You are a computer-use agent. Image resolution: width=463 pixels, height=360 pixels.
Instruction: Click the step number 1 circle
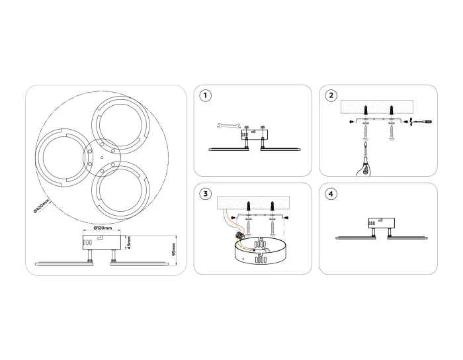coord(206,96)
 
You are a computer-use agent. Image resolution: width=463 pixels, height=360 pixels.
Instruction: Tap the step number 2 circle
coord(331,96)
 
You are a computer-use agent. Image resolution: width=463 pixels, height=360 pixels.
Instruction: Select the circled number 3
coord(206,194)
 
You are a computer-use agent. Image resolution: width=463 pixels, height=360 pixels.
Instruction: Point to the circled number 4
coord(331,194)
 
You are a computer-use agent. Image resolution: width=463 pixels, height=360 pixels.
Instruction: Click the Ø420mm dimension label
coord(41,206)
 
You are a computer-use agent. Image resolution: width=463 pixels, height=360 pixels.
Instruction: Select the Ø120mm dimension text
coord(103,228)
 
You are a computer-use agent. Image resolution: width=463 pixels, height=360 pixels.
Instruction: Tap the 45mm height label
coord(130,242)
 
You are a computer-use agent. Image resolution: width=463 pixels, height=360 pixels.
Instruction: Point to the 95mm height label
coord(173,249)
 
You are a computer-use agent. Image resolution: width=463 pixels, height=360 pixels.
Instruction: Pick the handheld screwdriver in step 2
coord(364,159)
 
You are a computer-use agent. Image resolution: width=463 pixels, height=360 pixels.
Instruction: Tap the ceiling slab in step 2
coord(376,107)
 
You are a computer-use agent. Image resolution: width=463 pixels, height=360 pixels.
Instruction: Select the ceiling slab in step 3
coord(253,203)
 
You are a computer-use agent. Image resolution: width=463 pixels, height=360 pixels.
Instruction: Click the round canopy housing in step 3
coord(259,250)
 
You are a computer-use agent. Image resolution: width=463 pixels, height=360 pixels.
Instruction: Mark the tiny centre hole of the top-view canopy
coord(102,157)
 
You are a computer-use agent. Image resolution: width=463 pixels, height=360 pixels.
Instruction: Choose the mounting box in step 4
coord(381,223)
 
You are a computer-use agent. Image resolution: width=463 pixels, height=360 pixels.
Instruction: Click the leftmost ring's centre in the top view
coord(63,157)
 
